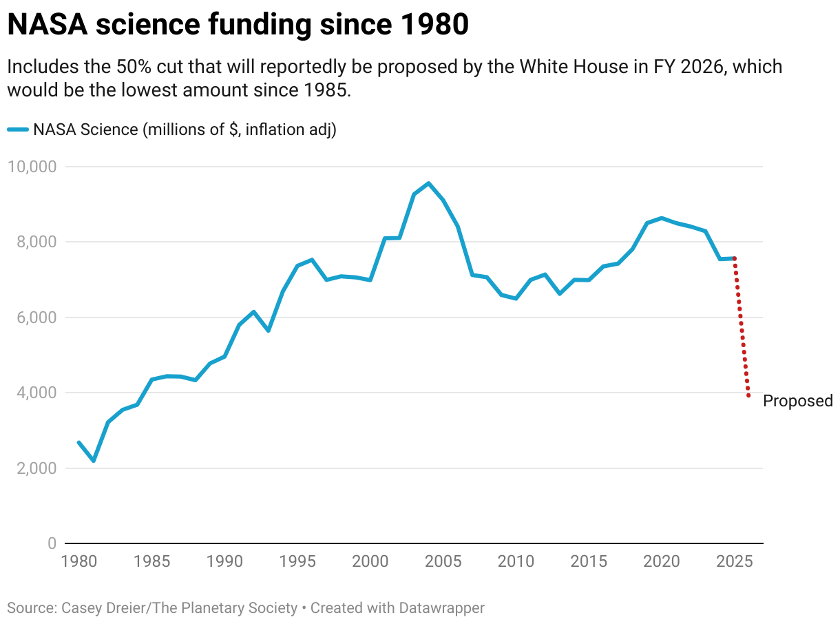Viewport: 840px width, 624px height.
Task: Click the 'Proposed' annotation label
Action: point(798,402)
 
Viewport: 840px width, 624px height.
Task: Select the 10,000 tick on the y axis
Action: point(32,167)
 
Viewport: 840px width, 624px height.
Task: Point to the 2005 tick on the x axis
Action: point(443,561)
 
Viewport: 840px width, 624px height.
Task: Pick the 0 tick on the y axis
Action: point(52,543)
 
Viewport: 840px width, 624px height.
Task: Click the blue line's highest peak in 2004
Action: point(429,183)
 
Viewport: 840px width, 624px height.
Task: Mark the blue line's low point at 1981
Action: point(94,461)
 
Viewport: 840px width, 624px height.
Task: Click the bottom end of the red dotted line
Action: point(748,396)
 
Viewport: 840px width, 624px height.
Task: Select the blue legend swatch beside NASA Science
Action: point(18,129)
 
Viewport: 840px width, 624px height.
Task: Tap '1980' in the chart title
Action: point(433,25)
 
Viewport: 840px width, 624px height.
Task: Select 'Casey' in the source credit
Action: point(78,608)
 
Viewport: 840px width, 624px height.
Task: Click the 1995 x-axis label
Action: point(298,561)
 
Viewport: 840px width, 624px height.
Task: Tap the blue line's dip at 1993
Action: point(269,331)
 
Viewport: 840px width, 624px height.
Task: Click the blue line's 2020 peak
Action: point(662,218)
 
